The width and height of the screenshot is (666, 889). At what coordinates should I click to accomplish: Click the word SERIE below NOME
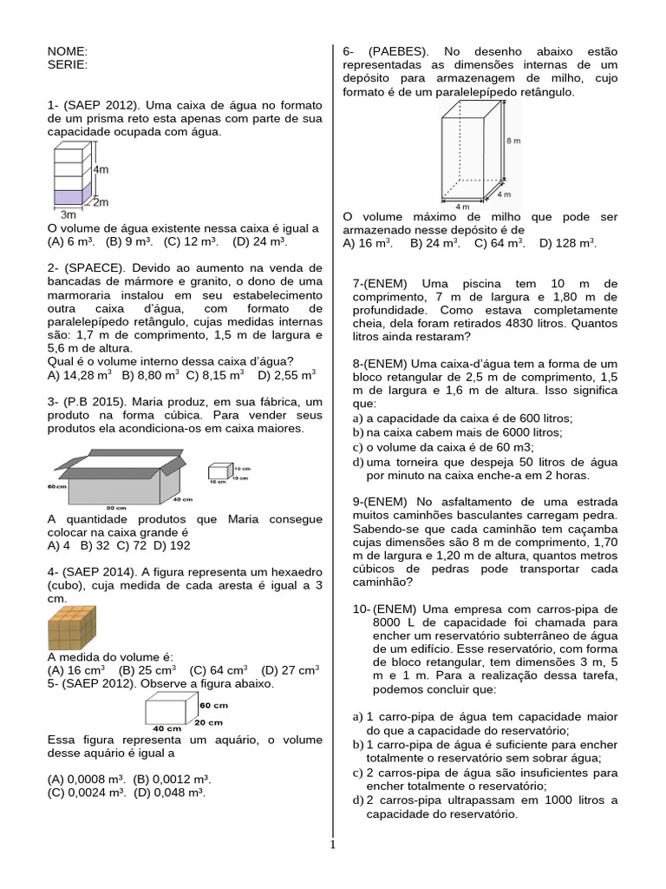click(68, 64)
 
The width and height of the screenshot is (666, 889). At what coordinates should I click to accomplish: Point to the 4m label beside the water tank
click(101, 171)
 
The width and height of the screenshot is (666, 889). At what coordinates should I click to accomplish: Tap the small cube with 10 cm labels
click(218, 472)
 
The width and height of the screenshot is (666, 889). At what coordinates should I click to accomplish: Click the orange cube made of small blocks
click(72, 628)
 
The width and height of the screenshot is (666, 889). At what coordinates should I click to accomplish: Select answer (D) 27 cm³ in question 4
click(290, 669)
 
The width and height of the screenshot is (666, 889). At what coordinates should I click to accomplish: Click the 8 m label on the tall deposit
click(513, 139)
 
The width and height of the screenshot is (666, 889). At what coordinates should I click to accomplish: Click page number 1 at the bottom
click(332, 844)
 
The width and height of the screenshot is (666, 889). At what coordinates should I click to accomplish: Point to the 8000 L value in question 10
click(393, 622)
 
